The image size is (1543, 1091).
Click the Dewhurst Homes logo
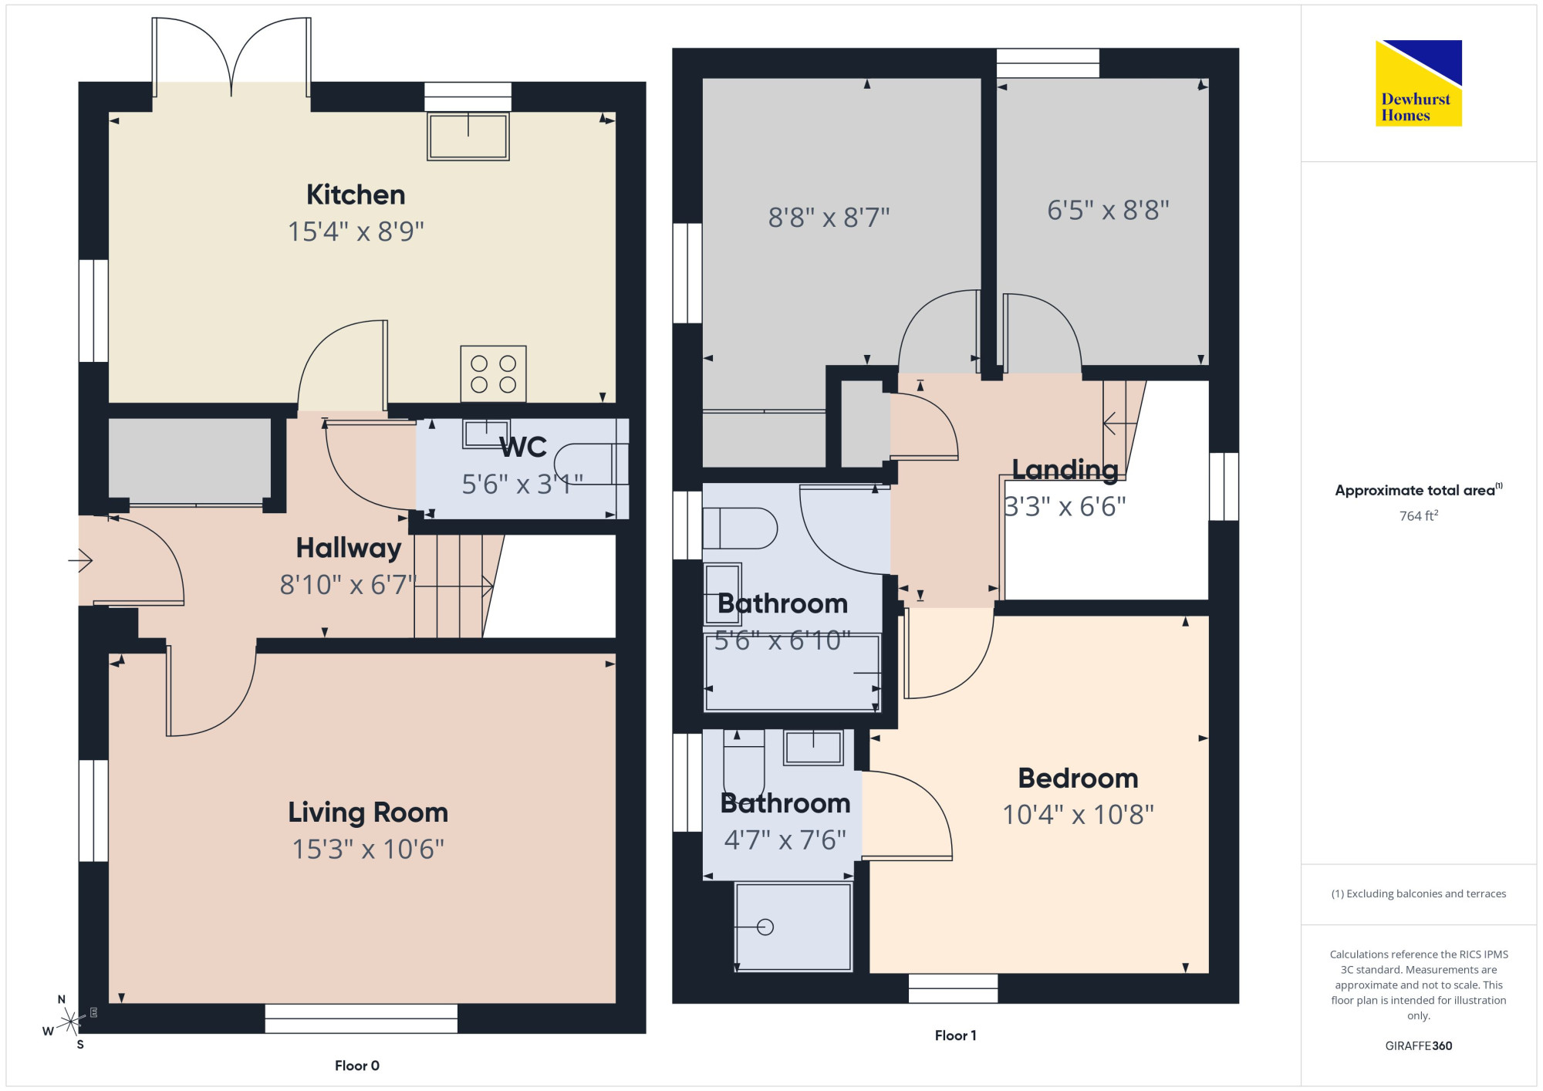[x=1418, y=83]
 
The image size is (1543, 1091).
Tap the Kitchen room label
[x=356, y=194]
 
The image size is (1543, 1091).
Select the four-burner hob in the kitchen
[x=493, y=373]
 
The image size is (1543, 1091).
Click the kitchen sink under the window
[x=468, y=136]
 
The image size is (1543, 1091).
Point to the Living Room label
[x=368, y=812]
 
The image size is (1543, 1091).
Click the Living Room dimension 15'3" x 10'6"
[x=368, y=849]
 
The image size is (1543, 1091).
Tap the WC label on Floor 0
[x=523, y=447]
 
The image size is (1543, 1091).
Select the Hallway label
[x=349, y=549]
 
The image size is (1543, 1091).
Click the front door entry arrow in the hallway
[x=80, y=559]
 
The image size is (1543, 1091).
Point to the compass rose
[x=69, y=1022]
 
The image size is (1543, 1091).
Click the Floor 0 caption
[x=357, y=1066]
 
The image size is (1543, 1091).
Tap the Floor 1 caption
[x=956, y=1035]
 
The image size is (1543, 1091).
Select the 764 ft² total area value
[x=1419, y=515]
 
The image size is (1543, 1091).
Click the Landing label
[x=1065, y=469]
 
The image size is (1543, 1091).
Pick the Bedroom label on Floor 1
[x=1079, y=779]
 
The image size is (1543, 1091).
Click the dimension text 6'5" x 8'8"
[x=1108, y=210]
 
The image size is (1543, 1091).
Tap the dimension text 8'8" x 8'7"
[x=829, y=218]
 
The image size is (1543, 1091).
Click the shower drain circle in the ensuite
[x=765, y=927]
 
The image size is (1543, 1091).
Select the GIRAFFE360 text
[x=1419, y=1046]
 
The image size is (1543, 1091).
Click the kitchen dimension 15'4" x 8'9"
[x=356, y=231]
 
